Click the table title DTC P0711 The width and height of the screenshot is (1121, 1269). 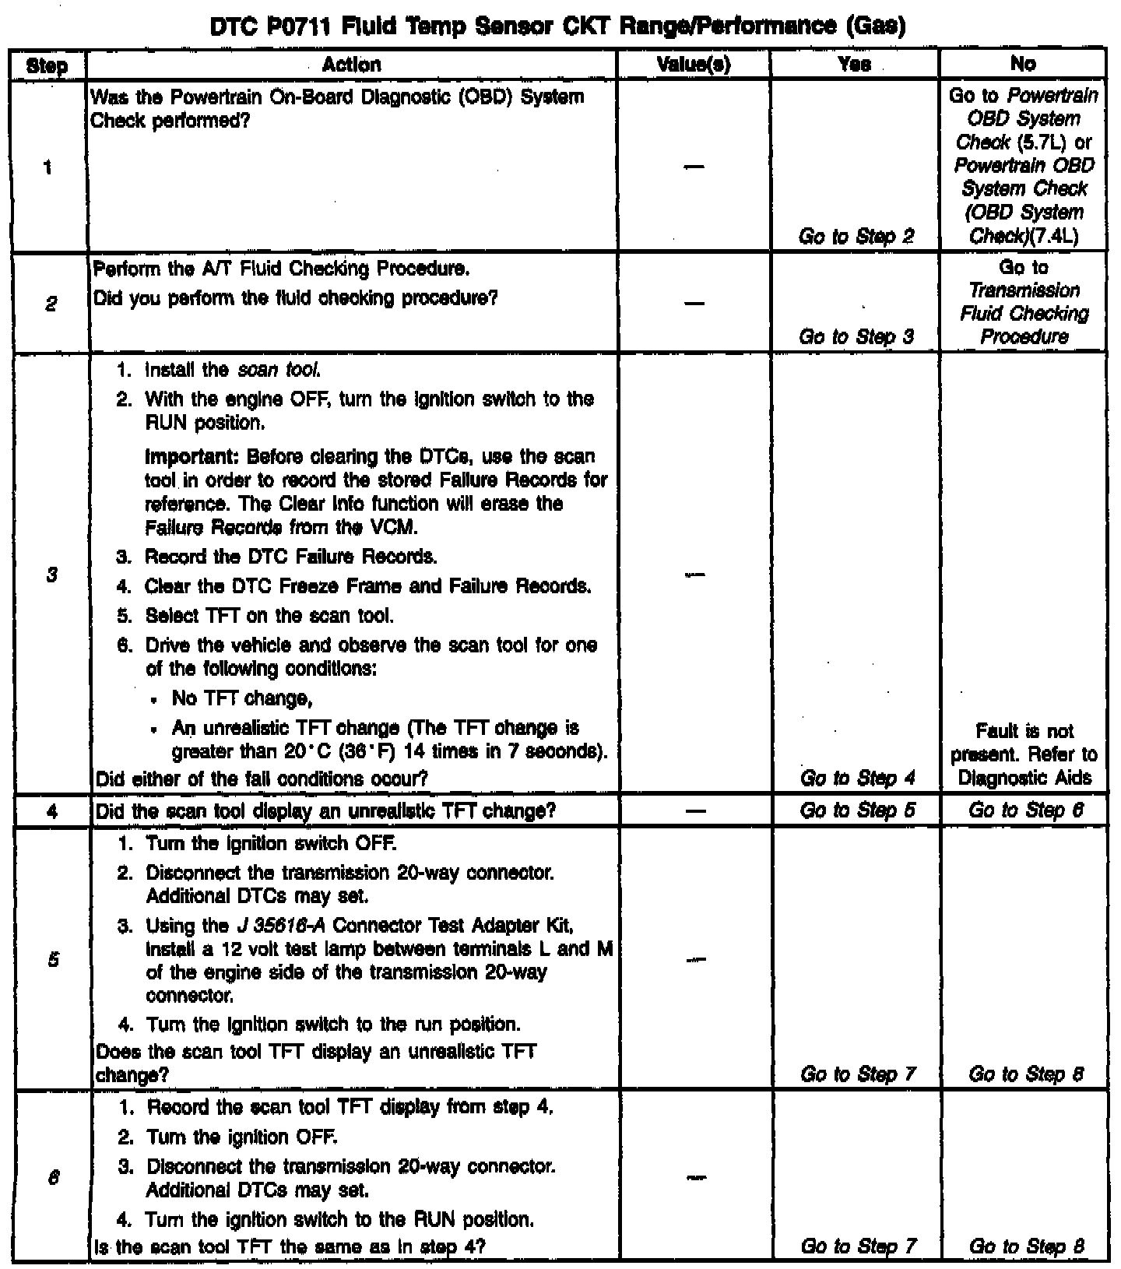coord(558,27)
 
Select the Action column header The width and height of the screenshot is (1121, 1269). coord(351,65)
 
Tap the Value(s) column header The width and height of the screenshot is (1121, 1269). coord(694,65)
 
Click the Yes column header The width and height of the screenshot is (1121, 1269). coord(855,65)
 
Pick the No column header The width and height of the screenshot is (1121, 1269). coord(1023,65)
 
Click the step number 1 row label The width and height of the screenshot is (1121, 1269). coord(47,167)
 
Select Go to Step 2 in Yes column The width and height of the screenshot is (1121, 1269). coord(856,236)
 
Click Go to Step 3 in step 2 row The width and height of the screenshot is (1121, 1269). coord(856,337)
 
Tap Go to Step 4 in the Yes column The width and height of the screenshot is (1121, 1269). coord(857,778)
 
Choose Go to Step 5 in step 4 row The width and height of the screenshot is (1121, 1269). coord(857,810)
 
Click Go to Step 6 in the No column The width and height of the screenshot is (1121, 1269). coord(1025,810)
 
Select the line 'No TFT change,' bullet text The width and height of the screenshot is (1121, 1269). coord(242,698)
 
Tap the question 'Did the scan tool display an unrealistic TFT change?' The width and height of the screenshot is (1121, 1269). coord(325,811)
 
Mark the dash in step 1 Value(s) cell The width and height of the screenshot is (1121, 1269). coord(694,167)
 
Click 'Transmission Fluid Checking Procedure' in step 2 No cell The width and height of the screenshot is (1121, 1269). coord(1024,314)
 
